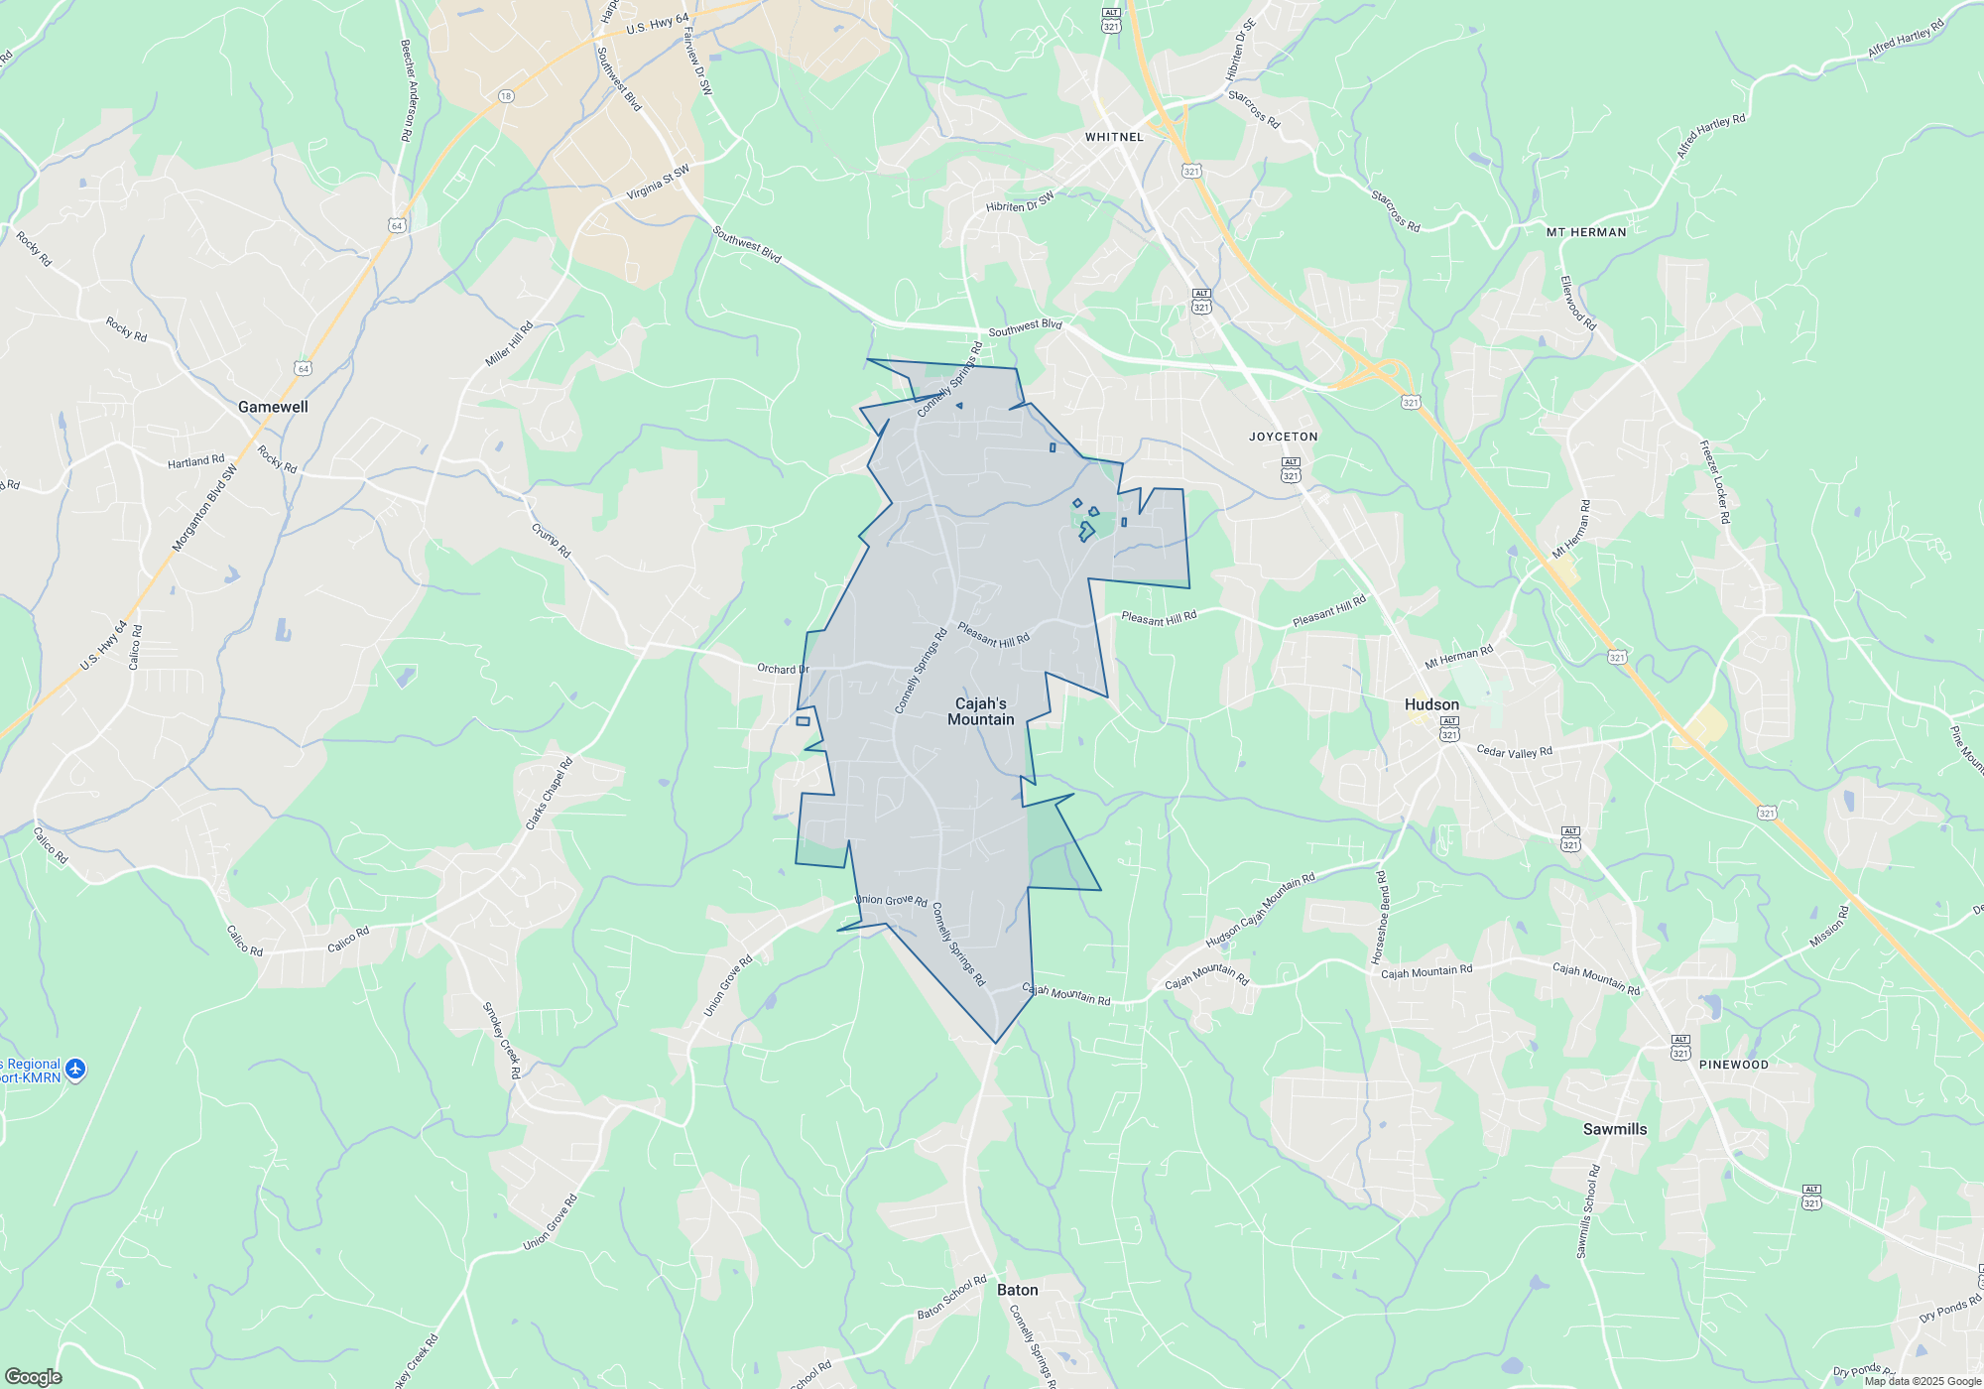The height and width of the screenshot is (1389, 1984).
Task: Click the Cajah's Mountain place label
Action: click(980, 711)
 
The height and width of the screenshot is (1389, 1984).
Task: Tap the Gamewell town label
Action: click(273, 407)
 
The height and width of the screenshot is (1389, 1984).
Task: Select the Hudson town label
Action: click(1431, 704)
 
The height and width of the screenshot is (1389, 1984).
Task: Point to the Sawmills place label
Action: click(1614, 1129)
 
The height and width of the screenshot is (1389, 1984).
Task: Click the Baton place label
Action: click(1017, 1290)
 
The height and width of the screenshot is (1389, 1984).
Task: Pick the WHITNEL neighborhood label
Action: click(1114, 137)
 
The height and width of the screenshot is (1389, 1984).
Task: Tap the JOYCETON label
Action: click(1283, 437)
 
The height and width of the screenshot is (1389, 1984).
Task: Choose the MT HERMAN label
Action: click(1586, 232)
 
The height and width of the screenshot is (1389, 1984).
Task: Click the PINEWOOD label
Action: click(1733, 1065)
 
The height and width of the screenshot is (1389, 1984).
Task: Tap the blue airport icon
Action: click(75, 1070)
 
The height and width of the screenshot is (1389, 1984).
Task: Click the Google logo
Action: click(33, 1376)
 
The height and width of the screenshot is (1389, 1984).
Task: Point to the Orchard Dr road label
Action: click(783, 669)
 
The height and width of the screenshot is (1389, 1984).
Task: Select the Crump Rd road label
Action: click(551, 541)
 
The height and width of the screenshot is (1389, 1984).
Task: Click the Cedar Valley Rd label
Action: click(1514, 751)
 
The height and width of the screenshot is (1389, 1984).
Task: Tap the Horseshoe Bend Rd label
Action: click(1380, 918)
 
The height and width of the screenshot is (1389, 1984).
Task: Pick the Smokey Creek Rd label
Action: click(501, 1040)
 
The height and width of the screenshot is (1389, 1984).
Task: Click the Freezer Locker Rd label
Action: click(1715, 482)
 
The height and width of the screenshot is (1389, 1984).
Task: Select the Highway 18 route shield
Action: click(506, 96)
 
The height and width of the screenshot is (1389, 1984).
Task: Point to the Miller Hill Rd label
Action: click(509, 344)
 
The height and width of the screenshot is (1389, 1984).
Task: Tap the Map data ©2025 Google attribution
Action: click(1922, 1381)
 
